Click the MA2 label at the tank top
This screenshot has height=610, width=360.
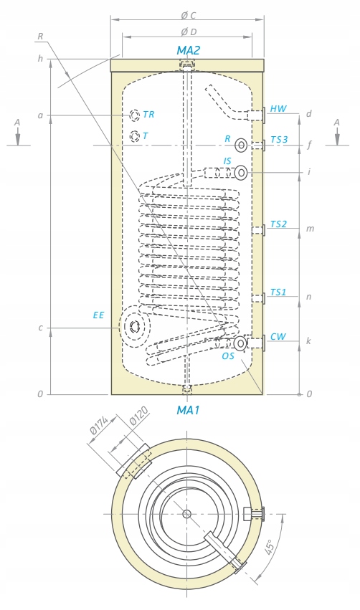188,50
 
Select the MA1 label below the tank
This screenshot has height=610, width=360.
188,410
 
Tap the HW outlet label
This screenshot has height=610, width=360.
278,109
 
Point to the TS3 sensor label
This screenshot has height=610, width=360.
279,140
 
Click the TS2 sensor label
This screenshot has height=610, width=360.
278,224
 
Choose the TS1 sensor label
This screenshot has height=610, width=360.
278,292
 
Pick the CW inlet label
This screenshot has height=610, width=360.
278,336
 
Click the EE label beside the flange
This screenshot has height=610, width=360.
98,315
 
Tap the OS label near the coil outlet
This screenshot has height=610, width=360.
228,356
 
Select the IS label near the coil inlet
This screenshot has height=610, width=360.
227,161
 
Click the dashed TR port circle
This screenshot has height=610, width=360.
135,115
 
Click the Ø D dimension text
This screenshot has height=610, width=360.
188,32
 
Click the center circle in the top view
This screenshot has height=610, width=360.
187,513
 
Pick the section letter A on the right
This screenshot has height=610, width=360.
336,123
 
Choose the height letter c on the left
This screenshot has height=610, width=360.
40,328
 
